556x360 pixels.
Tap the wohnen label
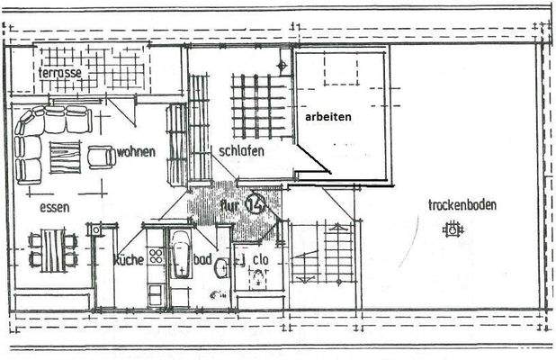click(x=136, y=151)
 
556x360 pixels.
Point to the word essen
click(x=55, y=207)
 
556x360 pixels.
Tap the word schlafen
click(x=241, y=151)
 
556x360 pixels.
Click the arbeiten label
click(x=327, y=117)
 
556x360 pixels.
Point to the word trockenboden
click(x=462, y=204)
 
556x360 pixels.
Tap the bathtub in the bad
click(x=180, y=254)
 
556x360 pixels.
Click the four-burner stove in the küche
click(x=156, y=256)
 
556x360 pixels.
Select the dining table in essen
click(x=53, y=248)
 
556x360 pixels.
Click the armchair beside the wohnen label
click(x=100, y=157)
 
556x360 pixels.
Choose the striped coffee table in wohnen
click(x=64, y=157)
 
